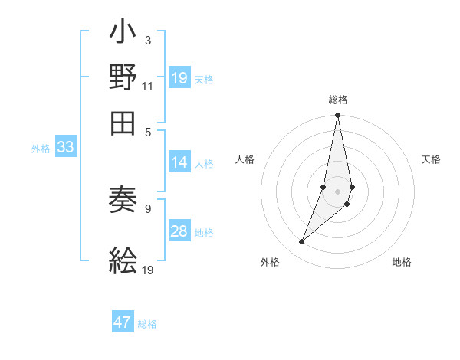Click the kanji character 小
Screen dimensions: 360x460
pos(123,35)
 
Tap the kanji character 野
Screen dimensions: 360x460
pos(123,78)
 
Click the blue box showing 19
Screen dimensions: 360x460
pos(179,78)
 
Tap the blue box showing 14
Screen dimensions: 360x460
pos(179,162)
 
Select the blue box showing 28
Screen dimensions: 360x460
pos(179,232)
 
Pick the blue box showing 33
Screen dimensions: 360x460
pos(65,149)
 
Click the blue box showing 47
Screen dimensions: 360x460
pos(123,322)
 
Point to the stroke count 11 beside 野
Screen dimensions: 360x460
pos(148,86)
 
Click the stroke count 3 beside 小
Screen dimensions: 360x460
pos(148,40)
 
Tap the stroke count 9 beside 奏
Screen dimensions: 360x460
pos(148,207)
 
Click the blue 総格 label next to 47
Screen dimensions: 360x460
pos(147,324)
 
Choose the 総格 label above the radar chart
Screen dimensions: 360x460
pos(337,100)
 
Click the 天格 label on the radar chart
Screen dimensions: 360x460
pos(432,159)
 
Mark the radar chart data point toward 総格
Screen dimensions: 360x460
pos(337,116)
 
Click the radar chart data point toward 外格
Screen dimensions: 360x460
pos(302,242)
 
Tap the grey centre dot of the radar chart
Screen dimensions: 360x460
pos(337,191)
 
